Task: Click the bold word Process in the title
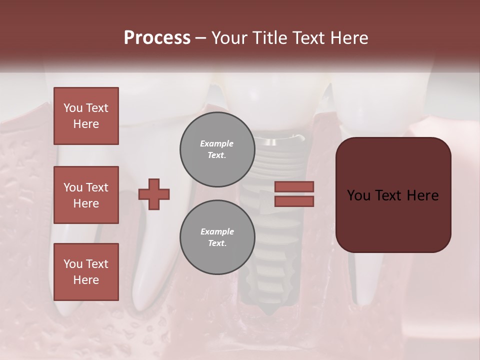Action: coord(157,38)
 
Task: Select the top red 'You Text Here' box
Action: coord(86,116)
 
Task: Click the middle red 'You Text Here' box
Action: coord(86,195)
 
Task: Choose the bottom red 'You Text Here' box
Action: coord(86,272)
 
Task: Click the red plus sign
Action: coord(154,194)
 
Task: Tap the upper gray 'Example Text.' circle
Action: coord(217,149)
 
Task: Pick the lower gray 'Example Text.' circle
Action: coord(217,237)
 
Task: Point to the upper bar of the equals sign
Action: coord(294,186)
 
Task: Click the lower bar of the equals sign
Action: coord(294,201)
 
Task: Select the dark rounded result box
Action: coord(393,195)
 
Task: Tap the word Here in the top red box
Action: coord(86,124)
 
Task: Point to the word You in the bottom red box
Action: coord(73,264)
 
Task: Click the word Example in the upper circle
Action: coord(217,143)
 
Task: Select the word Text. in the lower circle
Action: coord(217,243)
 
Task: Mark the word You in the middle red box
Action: coord(73,187)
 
